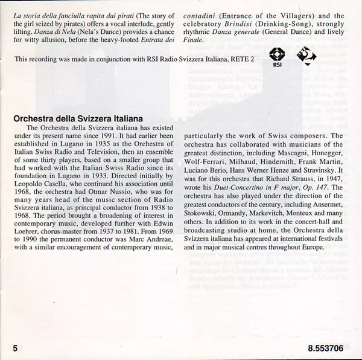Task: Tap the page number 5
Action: pos(12,349)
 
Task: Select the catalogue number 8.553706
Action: pos(328,349)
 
